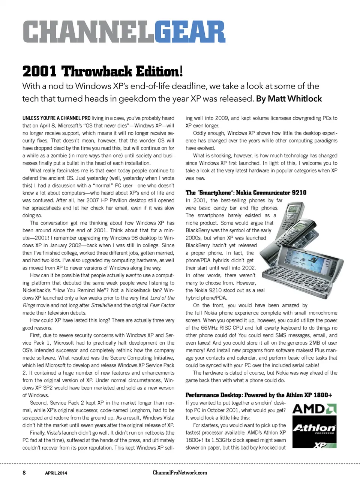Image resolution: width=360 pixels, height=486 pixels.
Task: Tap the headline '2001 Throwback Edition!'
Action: [x=102, y=71]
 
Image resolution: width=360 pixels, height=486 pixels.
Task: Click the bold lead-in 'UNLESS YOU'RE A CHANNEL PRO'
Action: [x=56, y=118]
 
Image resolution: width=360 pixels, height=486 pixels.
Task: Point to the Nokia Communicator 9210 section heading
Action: [x=246, y=193]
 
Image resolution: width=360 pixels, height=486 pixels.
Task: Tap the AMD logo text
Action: [x=309, y=409]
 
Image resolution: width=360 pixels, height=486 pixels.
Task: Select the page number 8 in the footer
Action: [x=24, y=473]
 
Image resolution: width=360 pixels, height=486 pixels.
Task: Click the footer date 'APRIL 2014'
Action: [x=56, y=473]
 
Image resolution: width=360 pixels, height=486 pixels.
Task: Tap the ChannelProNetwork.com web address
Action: [x=180, y=473]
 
